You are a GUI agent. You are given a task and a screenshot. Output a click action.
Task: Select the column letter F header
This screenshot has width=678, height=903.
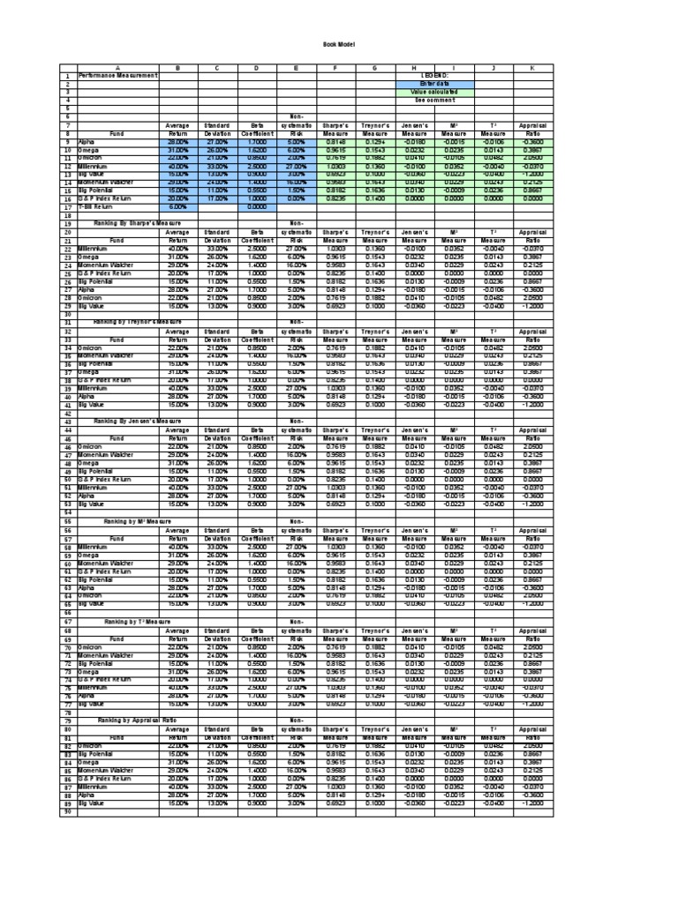335,68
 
